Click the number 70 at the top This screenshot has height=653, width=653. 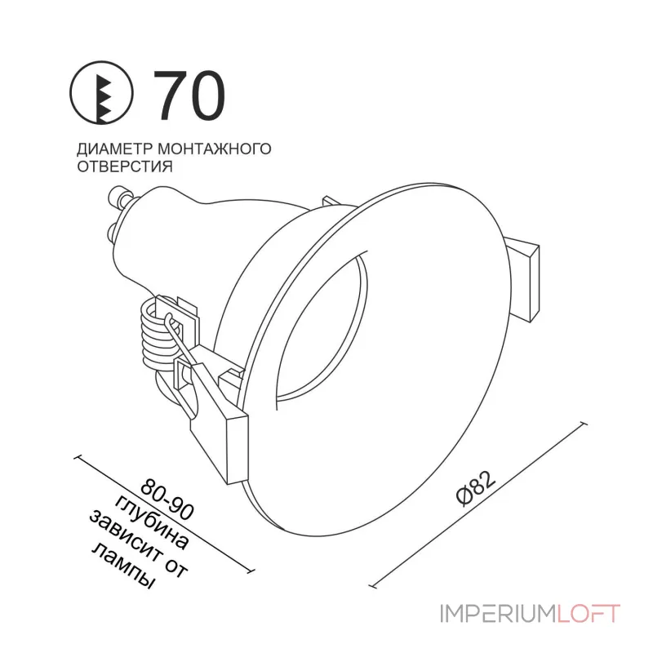(189, 96)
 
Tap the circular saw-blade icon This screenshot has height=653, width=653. (101, 93)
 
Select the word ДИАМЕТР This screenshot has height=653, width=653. (115, 149)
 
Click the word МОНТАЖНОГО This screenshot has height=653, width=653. (215, 149)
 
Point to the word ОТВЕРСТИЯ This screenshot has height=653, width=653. (125, 167)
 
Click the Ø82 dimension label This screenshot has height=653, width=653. (476, 489)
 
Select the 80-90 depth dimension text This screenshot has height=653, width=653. (167, 500)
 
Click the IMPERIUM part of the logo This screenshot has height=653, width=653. (498, 615)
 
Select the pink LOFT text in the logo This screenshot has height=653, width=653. (589, 615)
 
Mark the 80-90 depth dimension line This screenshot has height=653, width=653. (164, 514)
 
